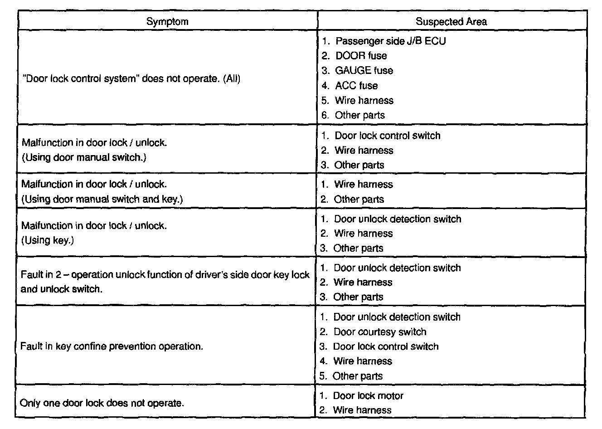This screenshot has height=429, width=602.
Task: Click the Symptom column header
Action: pyautogui.click(x=167, y=21)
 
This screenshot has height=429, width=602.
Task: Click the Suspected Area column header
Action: pyautogui.click(x=451, y=21)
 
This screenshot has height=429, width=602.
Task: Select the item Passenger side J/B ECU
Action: pyautogui.click(x=390, y=41)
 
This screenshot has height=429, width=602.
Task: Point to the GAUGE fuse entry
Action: pyautogui.click(x=364, y=71)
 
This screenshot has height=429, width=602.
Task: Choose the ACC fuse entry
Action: pyautogui.click(x=356, y=86)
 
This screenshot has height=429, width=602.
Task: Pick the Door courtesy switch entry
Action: pyautogui.click(x=379, y=332)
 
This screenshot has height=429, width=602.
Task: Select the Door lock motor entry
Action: pyautogui.click(x=368, y=396)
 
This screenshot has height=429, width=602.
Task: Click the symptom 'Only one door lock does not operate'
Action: pyautogui.click(x=102, y=403)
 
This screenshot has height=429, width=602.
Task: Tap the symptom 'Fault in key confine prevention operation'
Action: pyautogui.click(x=112, y=346)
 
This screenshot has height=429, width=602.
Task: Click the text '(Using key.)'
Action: pyautogui.click(x=48, y=240)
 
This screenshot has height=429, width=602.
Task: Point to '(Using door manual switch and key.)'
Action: pyautogui.click(x=102, y=199)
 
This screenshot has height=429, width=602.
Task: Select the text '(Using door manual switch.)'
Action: pyautogui.click(x=84, y=158)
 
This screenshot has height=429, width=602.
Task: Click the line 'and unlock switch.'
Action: pyautogui.click(x=61, y=289)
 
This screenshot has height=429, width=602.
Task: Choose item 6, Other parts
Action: pyautogui.click(x=359, y=115)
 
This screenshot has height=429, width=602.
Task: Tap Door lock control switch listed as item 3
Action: pyautogui.click(x=385, y=347)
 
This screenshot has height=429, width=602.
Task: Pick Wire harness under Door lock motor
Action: pyautogui.click(x=362, y=410)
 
